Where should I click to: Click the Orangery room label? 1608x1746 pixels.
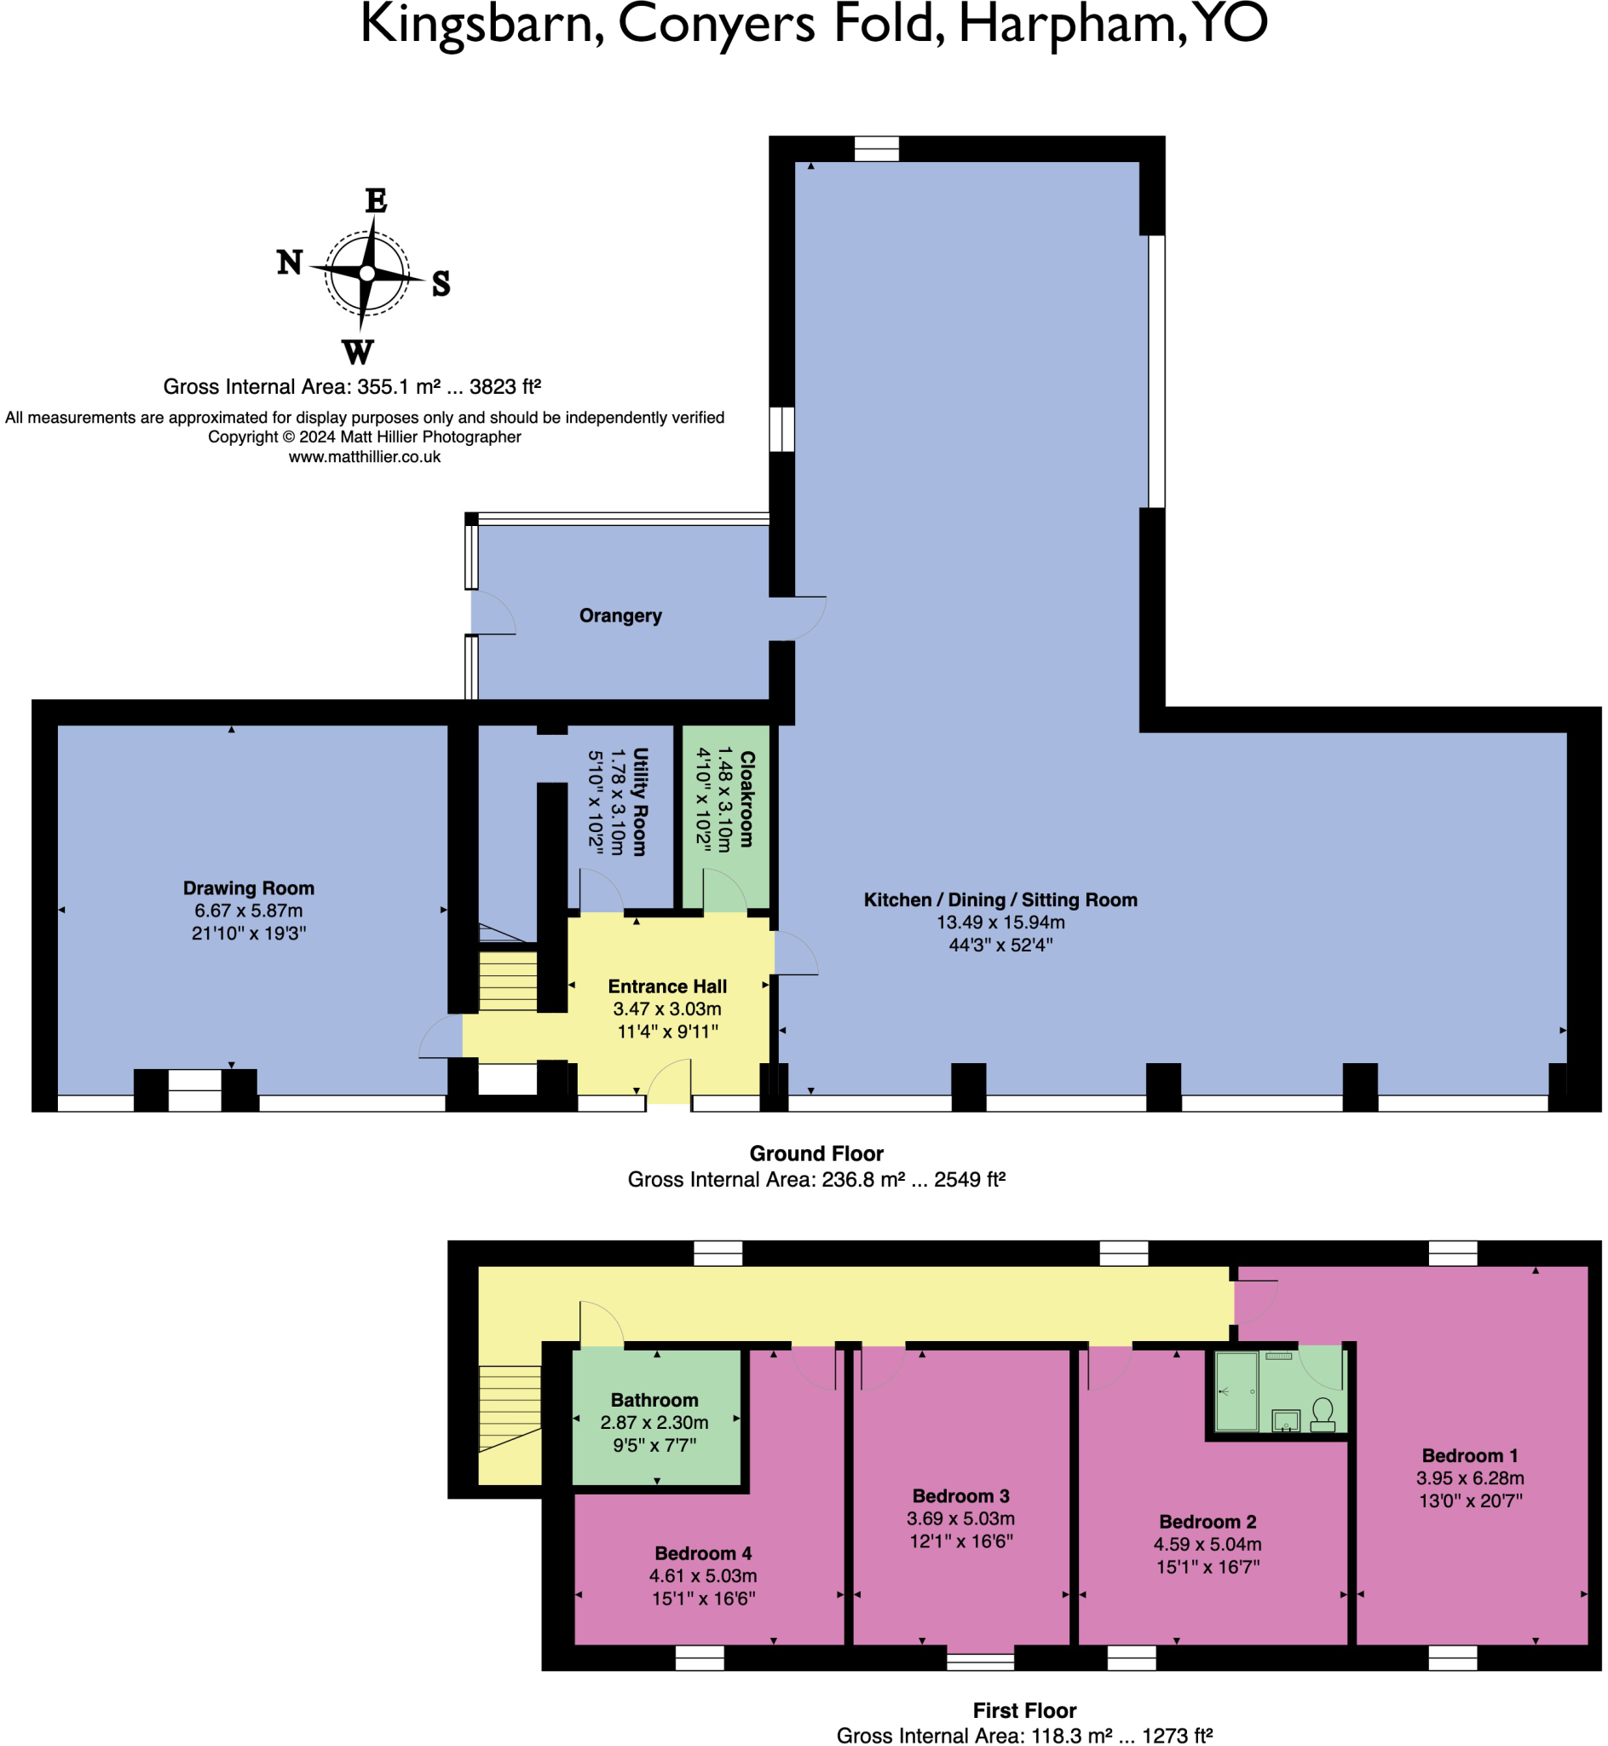(620, 616)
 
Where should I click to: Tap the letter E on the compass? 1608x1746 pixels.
(376, 201)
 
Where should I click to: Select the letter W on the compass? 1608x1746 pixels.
(358, 352)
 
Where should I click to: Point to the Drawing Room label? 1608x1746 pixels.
(249, 887)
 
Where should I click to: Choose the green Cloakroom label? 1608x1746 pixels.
(746, 799)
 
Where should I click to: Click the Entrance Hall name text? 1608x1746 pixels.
(667, 986)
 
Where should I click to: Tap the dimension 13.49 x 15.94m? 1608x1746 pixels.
(1000, 922)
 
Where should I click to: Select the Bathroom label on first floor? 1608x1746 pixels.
(654, 1401)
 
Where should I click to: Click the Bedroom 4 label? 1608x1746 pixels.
(703, 1553)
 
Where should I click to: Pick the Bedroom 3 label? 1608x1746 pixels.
(960, 1496)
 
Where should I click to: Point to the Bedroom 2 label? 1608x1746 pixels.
(1207, 1523)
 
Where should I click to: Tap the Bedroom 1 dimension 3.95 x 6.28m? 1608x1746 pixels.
(1470, 1478)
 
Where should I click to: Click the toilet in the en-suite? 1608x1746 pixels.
(1323, 1414)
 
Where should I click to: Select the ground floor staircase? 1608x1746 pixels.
(508, 981)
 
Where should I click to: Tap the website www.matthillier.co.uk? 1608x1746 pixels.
(365, 457)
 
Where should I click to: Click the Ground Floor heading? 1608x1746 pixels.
(816, 1153)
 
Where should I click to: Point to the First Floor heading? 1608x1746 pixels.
(1024, 1710)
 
